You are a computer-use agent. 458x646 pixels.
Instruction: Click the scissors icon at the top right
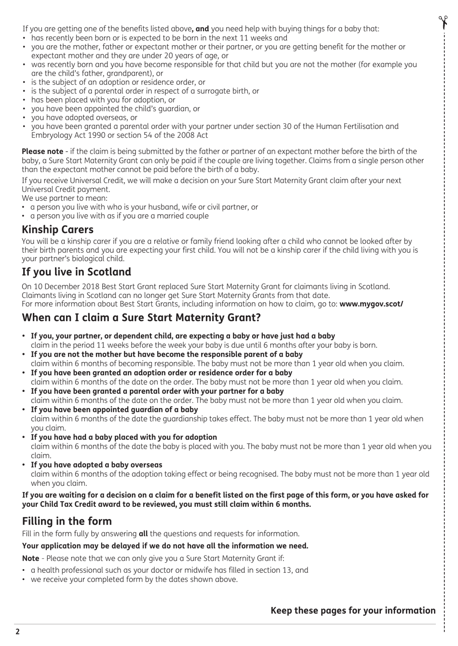[x=443, y=22]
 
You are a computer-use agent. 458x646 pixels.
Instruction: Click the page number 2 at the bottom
[x=18, y=632]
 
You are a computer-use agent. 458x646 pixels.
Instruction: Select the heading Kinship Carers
[x=57, y=229]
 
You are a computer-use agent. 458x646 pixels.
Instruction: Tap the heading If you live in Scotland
[x=76, y=271]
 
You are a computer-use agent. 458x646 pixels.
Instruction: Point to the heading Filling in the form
[x=67, y=521]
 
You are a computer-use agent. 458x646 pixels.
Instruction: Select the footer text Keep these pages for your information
[x=352, y=610]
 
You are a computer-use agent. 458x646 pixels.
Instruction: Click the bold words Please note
[x=42, y=151]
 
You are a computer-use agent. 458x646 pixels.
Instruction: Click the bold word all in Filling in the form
[x=143, y=533]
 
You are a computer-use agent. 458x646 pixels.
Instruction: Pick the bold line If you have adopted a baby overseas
[x=96, y=465]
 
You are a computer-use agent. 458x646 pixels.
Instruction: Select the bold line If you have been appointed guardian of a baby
[x=114, y=409]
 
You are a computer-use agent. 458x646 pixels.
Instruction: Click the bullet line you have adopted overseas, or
[x=84, y=117]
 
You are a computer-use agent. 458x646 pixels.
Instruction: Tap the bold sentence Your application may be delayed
[x=165, y=545]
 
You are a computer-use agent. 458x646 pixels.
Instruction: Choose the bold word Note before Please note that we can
[x=31, y=558]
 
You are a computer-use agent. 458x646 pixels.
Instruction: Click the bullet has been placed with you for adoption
[x=103, y=100]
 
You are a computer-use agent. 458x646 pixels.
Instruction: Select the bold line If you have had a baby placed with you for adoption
[x=124, y=437]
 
